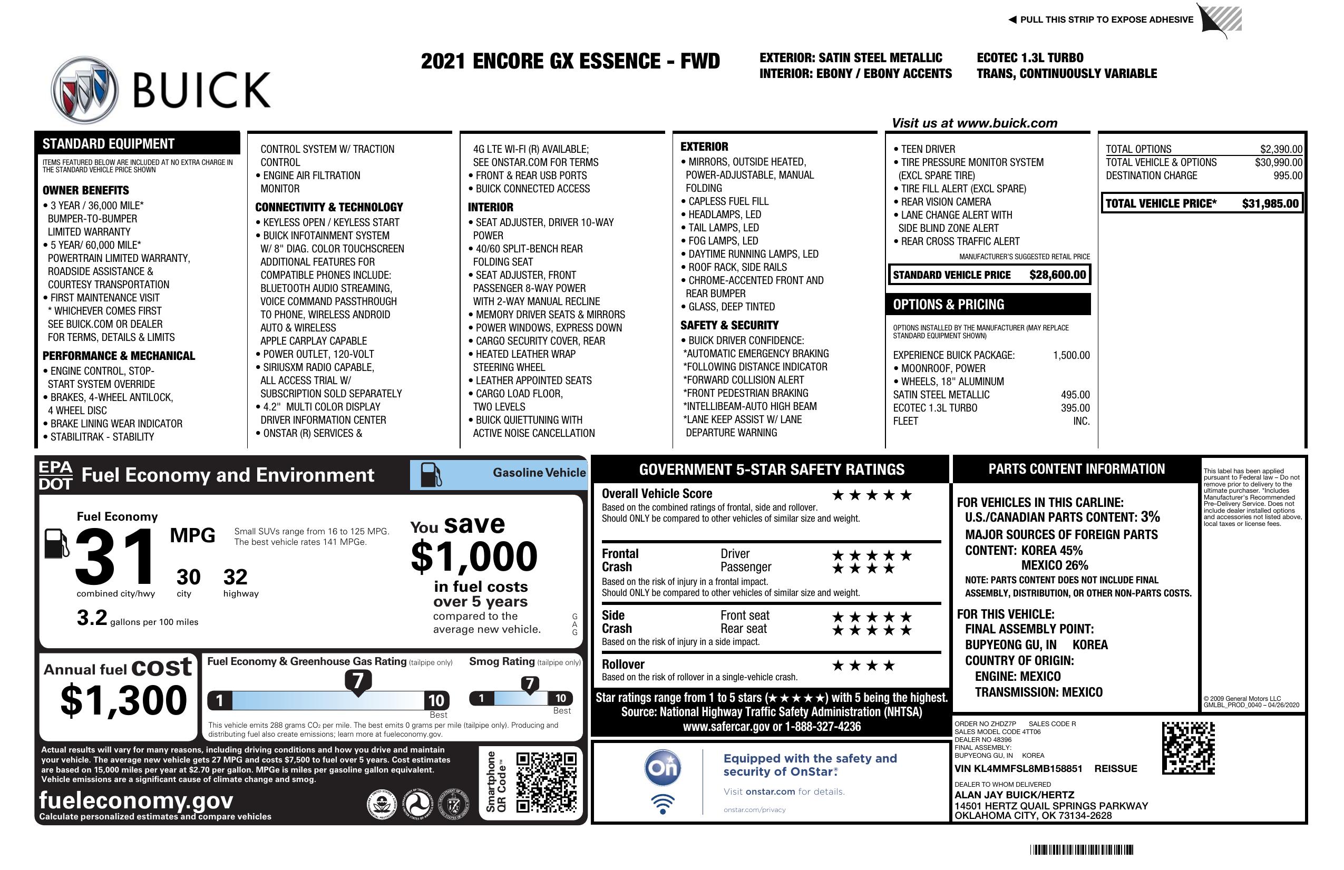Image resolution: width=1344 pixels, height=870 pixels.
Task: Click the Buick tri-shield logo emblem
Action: click(x=85, y=90)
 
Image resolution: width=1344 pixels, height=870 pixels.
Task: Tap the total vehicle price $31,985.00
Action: click(x=1270, y=204)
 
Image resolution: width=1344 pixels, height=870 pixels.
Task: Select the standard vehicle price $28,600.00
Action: click(x=1057, y=275)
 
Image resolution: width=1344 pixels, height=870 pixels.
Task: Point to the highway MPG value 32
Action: click(x=235, y=577)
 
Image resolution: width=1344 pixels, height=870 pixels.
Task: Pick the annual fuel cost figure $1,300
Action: click(x=123, y=700)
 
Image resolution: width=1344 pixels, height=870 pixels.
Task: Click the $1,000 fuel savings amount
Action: click(x=474, y=556)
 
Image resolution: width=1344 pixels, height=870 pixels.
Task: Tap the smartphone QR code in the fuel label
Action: click(x=546, y=783)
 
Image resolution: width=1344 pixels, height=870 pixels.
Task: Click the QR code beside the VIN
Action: click(x=1188, y=748)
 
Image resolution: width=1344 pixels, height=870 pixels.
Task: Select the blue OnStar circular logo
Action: click(x=663, y=767)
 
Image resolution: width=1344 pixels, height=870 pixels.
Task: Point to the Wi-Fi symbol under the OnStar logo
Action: click(x=663, y=804)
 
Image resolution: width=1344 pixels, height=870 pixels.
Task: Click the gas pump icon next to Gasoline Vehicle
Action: click(x=431, y=475)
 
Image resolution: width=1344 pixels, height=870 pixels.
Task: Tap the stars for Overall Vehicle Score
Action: click(x=871, y=496)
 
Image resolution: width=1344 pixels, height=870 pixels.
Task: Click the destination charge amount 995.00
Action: click(x=1288, y=175)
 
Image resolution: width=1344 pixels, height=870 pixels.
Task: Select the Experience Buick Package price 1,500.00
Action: click(x=1070, y=356)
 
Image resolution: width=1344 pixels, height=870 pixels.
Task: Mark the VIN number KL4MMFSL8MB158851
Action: click(x=1018, y=768)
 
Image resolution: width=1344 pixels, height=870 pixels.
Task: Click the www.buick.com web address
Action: click(x=1007, y=123)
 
